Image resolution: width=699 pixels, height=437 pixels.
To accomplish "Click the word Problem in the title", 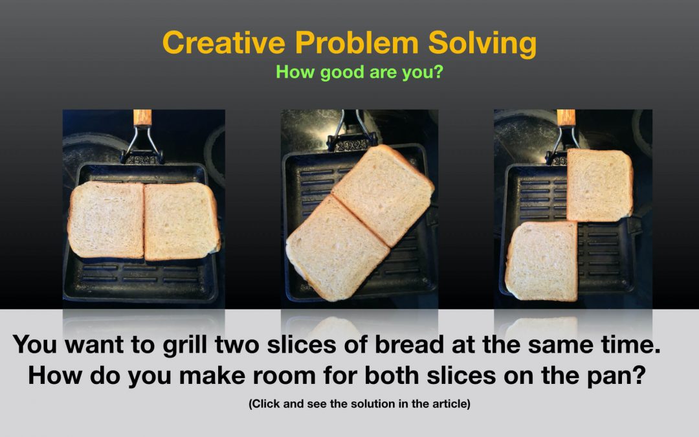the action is click(x=357, y=43).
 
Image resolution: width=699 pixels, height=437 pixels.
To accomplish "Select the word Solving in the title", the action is click(x=482, y=45).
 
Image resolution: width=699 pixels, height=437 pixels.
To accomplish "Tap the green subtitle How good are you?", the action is click(x=359, y=72).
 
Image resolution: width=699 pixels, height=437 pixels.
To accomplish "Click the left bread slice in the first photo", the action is click(x=106, y=219).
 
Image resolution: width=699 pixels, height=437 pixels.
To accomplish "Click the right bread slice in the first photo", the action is click(x=182, y=221).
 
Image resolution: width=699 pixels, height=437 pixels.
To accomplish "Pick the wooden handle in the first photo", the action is click(x=142, y=117).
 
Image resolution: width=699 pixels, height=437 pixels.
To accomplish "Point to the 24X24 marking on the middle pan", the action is click(x=351, y=146).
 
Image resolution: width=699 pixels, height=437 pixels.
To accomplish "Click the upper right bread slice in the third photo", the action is click(x=599, y=185).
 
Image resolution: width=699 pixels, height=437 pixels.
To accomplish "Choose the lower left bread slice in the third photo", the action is click(x=542, y=261).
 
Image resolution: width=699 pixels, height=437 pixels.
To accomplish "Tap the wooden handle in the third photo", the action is click(x=566, y=117).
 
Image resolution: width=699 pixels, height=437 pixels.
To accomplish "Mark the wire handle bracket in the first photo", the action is click(x=142, y=144).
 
